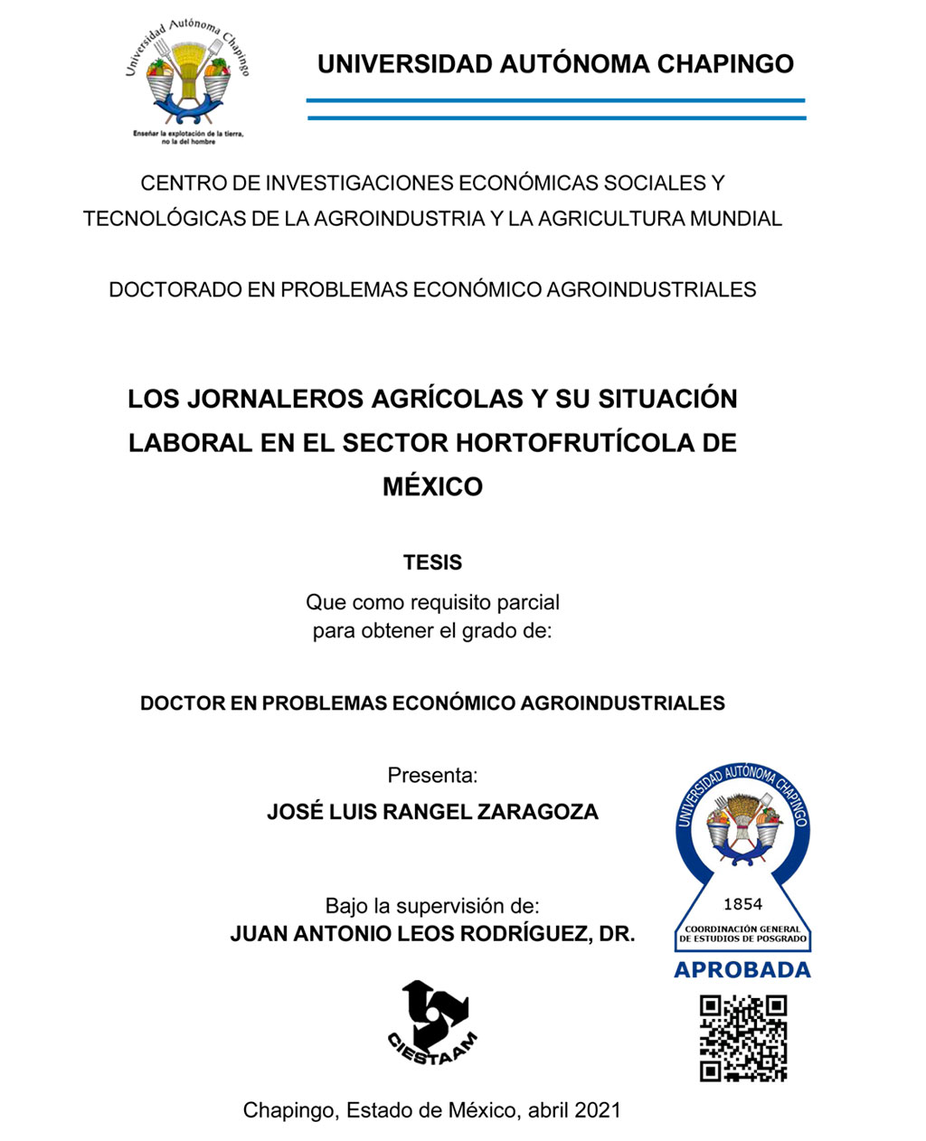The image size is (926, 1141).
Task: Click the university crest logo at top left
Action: (187, 76)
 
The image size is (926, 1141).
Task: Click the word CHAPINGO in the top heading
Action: (725, 64)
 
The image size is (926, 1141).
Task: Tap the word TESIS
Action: (432, 562)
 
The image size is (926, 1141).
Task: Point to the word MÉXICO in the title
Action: (432, 486)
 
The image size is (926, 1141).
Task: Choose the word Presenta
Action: (432, 775)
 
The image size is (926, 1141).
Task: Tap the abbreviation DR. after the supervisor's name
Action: (617, 934)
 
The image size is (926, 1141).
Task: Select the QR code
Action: (743, 1038)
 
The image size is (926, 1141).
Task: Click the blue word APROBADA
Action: (742, 970)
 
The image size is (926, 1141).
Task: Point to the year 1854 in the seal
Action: (742, 904)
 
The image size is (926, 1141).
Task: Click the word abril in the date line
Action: (546, 1110)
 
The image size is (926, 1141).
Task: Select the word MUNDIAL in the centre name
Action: (735, 219)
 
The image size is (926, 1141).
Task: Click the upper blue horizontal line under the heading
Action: (555, 100)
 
